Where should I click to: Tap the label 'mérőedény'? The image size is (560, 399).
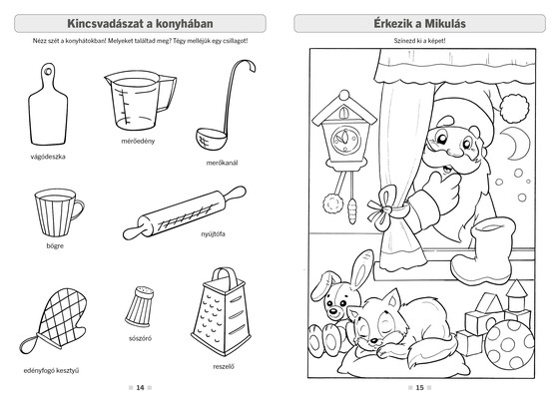pos(138,141)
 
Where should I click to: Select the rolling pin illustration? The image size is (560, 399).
pos(185,212)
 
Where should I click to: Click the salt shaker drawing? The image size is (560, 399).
pos(140,306)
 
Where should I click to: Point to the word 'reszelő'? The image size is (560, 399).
pos(224,366)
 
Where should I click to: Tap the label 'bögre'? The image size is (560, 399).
pos(55,246)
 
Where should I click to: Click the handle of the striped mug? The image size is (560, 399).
pos(79,209)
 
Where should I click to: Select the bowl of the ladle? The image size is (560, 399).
pos(211,139)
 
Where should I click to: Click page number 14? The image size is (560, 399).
pos(140,388)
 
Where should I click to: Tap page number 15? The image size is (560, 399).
pos(419,388)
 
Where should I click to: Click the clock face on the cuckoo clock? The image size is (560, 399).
pos(345,140)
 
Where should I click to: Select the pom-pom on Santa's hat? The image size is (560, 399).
pos(514,109)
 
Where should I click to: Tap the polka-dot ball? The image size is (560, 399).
pos(509,344)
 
